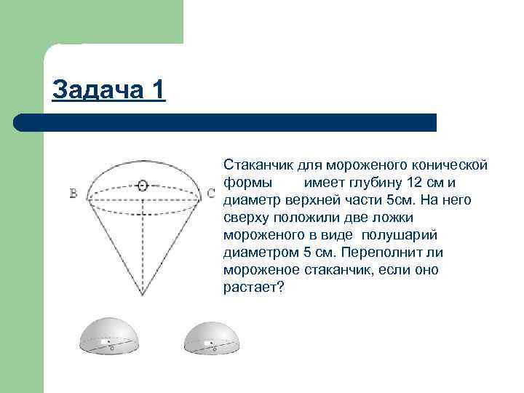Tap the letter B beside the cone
(x=74, y=194)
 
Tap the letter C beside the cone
(x=210, y=194)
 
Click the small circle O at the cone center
(x=143, y=186)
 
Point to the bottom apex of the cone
(x=143, y=295)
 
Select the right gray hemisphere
(x=213, y=338)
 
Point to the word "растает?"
(x=253, y=287)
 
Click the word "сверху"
(x=247, y=217)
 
